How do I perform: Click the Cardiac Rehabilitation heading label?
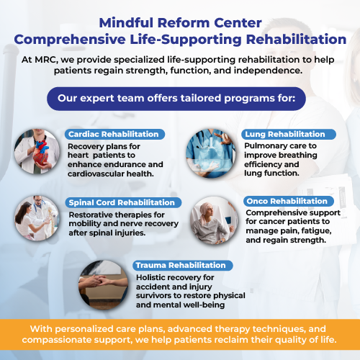[x=114, y=134]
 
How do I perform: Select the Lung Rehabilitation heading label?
[x=289, y=134]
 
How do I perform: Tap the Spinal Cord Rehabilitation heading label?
[x=123, y=202]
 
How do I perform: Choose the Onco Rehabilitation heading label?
[x=289, y=201]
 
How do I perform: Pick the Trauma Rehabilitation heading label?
[x=183, y=265]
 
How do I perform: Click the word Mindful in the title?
[x=126, y=23]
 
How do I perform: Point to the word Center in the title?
[x=238, y=23]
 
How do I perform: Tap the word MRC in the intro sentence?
[x=45, y=60]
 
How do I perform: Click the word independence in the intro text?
[x=268, y=71]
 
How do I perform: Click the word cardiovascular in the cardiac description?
[x=96, y=174]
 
